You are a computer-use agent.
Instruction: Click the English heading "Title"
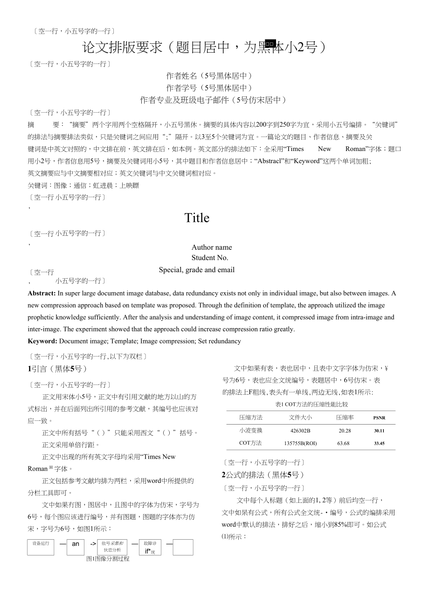point(197,218)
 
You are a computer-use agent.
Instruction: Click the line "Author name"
point(211,247)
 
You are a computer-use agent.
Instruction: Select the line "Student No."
point(210,258)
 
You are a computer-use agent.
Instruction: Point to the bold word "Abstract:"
point(42,293)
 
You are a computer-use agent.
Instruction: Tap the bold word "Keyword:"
point(43,341)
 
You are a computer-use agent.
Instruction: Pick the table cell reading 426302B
point(300,431)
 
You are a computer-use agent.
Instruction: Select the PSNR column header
point(379,418)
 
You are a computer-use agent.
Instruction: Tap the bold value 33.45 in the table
point(379,443)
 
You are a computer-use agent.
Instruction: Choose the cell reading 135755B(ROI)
point(300,443)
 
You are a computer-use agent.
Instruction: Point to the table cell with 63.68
point(343,443)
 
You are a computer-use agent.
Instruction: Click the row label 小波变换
point(251,431)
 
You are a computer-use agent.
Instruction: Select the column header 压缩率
point(345,418)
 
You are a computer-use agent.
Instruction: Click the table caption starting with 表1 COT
point(311,405)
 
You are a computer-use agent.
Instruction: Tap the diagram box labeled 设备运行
point(41,547)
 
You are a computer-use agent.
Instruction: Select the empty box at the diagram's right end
point(183,547)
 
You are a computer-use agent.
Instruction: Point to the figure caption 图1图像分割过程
point(108,558)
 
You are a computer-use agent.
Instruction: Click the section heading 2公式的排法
point(263,475)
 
